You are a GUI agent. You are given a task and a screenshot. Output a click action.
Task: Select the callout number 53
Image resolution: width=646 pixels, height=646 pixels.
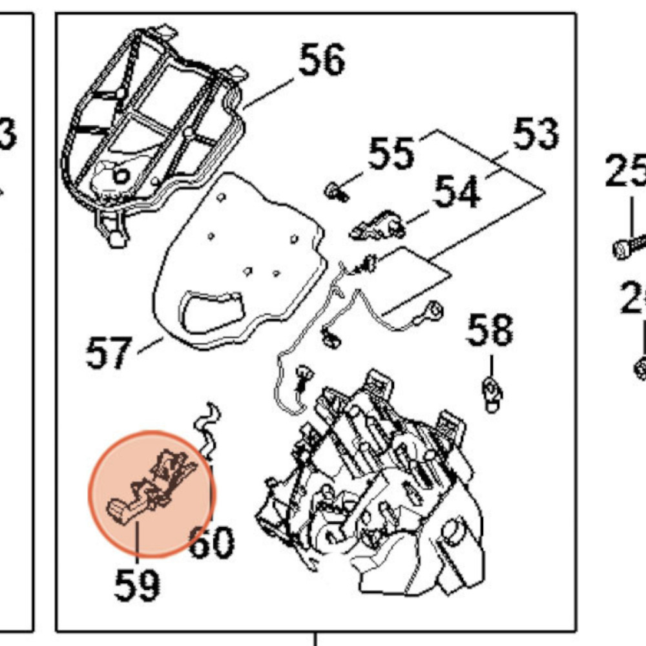point(536,134)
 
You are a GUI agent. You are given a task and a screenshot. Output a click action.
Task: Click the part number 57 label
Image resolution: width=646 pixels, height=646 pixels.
point(109,353)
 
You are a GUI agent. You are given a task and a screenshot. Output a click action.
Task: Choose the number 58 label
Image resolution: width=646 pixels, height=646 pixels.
point(490,330)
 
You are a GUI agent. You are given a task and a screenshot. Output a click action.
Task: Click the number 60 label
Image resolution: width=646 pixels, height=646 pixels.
point(211,543)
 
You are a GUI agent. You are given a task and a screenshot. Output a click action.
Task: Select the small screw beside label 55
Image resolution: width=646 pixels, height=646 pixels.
point(337,191)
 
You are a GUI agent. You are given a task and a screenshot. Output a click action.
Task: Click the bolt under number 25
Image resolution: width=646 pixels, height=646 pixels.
point(628,246)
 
